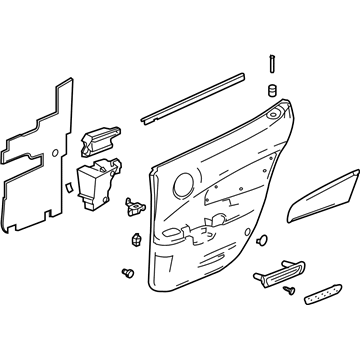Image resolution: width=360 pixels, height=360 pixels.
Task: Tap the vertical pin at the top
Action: (x=271, y=62)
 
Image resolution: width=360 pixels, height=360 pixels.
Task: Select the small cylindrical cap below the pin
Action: (x=269, y=91)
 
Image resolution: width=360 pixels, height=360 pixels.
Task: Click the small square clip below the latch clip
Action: (x=133, y=239)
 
